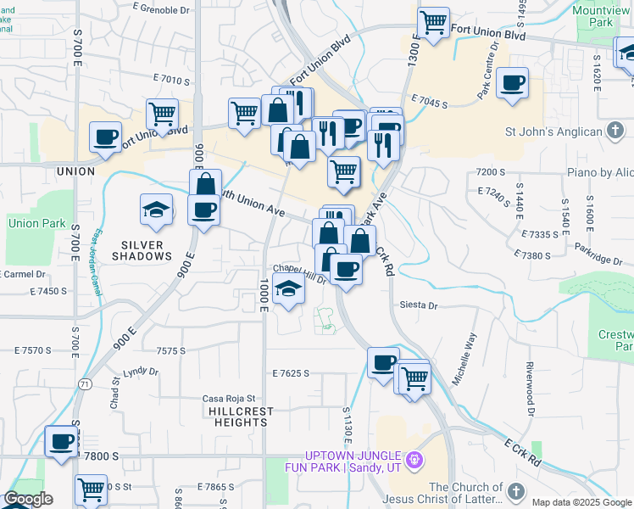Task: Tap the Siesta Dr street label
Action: point(419,305)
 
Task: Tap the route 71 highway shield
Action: point(85,384)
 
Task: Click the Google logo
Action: point(28,499)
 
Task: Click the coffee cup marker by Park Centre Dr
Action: point(512,84)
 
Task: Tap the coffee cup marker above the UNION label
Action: point(106,138)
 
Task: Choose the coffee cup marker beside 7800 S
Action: point(61,442)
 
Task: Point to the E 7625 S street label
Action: point(292,373)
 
